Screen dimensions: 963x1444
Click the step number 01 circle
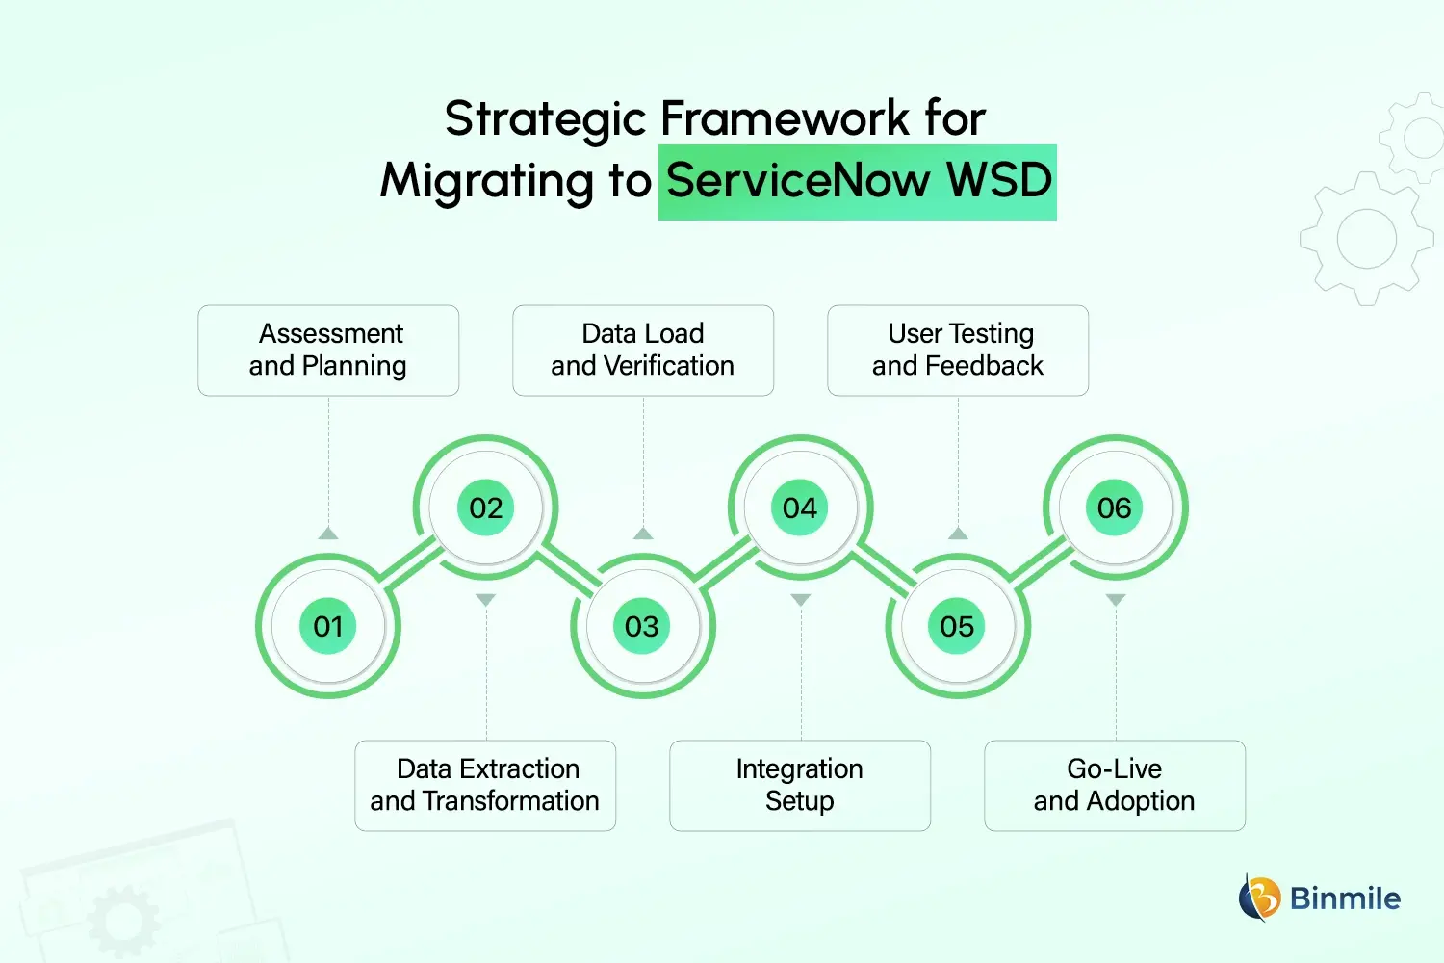[x=328, y=627]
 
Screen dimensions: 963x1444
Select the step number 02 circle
[x=486, y=508]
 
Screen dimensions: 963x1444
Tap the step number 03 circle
[x=642, y=627]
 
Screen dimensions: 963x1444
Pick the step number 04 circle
[x=800, y=508]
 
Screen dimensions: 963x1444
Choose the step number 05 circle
[x=957, y=627]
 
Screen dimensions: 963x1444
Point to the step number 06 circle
[x=1115, y=508]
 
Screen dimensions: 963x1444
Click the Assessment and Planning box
[x=328, y=351]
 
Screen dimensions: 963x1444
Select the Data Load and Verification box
[x=643, y=351]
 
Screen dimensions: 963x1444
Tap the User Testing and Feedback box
[x=958, y=351]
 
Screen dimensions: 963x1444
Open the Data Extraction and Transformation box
[x=485, y=785]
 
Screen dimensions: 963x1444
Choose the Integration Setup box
[x=800, y=785]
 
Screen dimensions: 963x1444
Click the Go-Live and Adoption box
[x=1115, y=785]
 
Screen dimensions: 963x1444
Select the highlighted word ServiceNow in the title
[x=798, y=181]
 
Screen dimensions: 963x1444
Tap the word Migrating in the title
[x=487, y=182]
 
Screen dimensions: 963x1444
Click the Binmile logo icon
[x=1259, y=898]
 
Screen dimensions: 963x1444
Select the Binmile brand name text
[x=1345, y=898]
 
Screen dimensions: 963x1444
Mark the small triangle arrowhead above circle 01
[x=328, y=534]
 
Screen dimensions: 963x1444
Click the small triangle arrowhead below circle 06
[x=1116, y=600]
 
